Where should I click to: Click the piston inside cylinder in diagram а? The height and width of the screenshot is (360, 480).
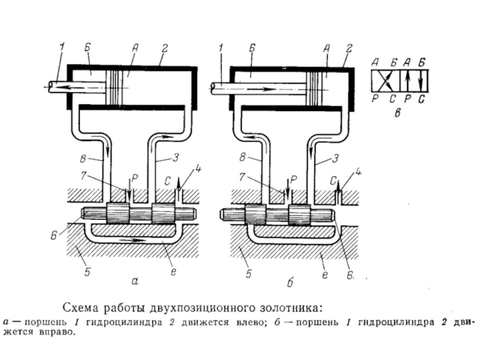coord(114,87)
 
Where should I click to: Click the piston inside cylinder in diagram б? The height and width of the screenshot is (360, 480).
coord(316,89)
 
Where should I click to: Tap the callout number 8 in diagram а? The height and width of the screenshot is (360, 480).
coord(83,159)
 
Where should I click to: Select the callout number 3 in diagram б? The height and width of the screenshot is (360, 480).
coord(336,158)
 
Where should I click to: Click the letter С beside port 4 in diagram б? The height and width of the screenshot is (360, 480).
coord(334,181)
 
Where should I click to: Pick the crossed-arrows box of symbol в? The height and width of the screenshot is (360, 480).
coord(385,80)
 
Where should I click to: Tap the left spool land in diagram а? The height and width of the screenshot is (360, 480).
coord(118,214)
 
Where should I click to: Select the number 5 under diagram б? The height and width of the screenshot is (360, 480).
coord(248,274)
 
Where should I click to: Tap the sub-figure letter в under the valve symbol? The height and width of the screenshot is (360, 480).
coord(397,113)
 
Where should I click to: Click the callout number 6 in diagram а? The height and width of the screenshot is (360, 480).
coord(54,236)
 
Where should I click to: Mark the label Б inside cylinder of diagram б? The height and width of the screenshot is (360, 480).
coord(252,74)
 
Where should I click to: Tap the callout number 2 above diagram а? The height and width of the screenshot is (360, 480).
coord(164,49)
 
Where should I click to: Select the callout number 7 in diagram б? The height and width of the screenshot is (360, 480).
coord(242,176)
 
